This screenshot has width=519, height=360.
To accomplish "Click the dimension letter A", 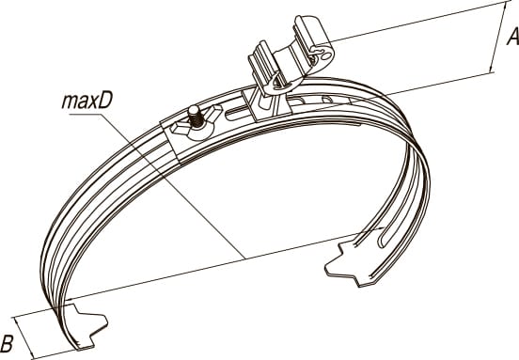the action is [x=513, y=37].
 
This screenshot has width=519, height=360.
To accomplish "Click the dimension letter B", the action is [x=7, y=343].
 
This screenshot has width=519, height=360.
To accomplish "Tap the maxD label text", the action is [x=87, y=102].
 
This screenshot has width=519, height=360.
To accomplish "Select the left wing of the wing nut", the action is [x=181, y=128].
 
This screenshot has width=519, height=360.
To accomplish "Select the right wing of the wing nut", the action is [x=212, y=112].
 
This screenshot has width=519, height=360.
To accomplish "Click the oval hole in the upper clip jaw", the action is [x=326, y=55].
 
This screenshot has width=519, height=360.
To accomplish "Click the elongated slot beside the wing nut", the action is [x=237, y=113].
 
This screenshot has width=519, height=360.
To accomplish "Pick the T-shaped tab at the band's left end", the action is [x=87, y=326].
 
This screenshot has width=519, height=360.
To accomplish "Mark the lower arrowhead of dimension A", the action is [x=492, y=68].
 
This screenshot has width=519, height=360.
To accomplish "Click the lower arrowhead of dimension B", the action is [x=31, y=353].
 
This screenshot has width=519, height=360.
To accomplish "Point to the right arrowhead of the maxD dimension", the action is [x=380, y=228].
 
